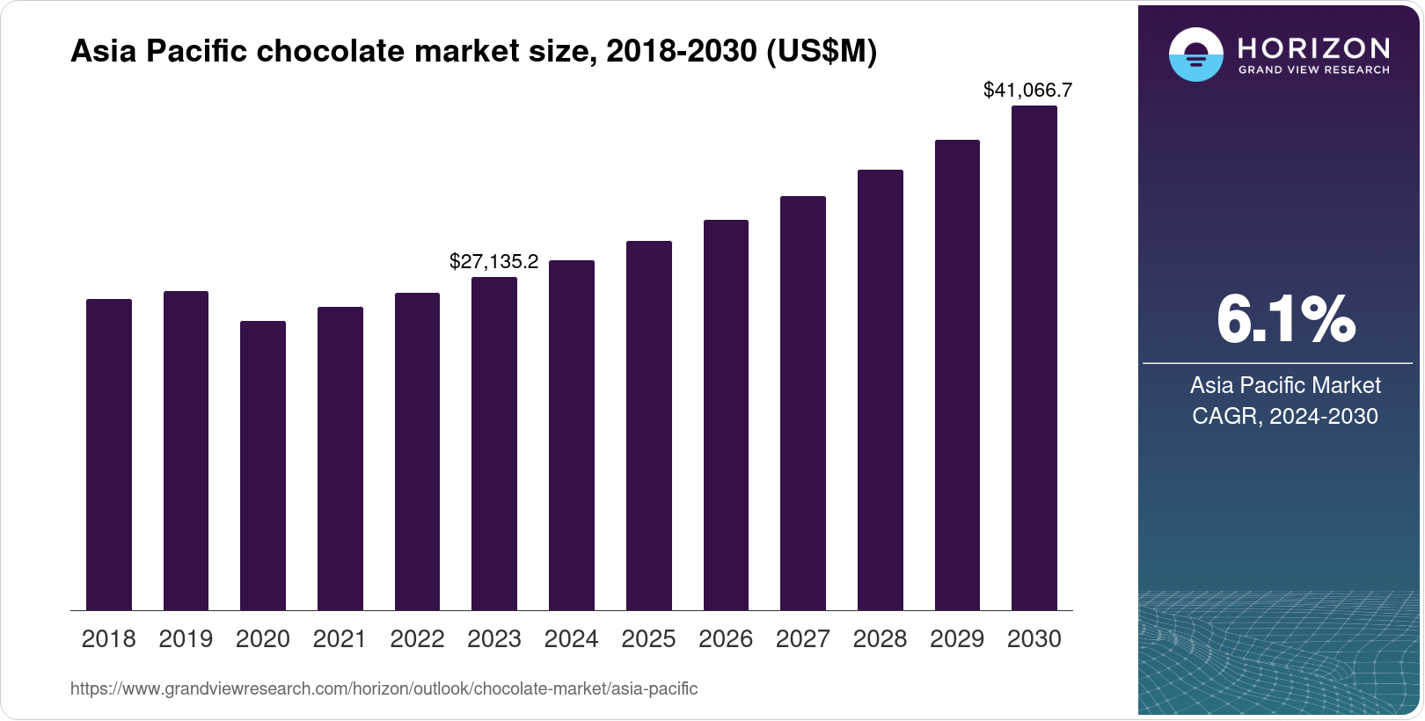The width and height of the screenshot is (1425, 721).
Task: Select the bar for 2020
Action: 262,466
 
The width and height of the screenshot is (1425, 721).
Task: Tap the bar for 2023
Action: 493,444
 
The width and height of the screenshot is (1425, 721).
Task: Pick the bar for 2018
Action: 108,455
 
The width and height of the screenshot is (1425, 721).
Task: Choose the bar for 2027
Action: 802,404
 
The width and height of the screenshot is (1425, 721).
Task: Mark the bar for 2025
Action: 648,426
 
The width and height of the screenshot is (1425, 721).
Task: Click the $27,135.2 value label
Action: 493,261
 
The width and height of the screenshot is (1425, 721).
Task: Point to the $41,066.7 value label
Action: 1027,90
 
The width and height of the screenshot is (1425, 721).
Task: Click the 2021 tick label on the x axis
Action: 340,639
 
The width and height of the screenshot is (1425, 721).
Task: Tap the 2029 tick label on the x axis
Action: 957,639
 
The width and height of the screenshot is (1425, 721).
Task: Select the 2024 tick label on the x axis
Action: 571,639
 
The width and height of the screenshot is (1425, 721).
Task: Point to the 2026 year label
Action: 726,639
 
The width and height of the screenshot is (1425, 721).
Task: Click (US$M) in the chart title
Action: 822,52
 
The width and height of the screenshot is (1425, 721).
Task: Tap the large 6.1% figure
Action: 1285,319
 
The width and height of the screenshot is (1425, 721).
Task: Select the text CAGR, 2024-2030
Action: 1284,416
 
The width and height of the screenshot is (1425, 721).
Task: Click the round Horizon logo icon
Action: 1195,55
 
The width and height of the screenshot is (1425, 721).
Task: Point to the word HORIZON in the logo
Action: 1313,47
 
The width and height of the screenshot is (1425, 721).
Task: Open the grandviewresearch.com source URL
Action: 384,689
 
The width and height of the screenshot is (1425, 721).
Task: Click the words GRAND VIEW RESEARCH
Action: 1313,70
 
